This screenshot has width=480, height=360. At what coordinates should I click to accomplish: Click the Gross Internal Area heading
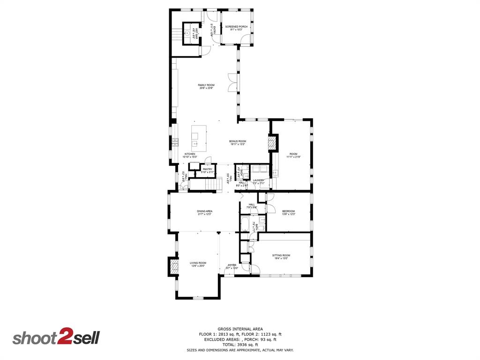pos(240,329)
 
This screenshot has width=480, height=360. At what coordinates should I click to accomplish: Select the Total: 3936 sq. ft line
pos(240,345)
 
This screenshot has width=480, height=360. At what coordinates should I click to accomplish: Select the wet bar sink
pos(188,33)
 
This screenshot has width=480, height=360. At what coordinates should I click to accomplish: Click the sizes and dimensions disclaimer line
pos(240,350)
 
